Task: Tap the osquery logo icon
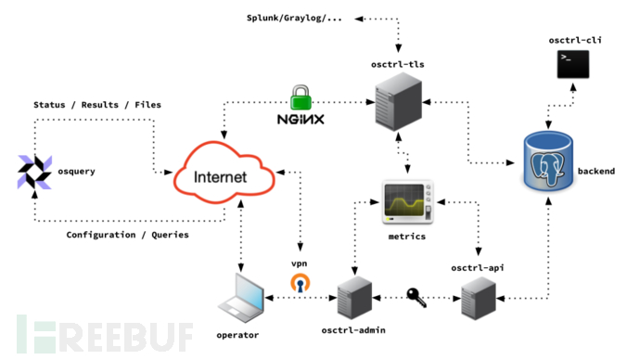pyautogui.click(x=35, y=173)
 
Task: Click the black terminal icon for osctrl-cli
pyautogui.click(x=570, y=63)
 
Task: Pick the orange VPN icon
pyautogui.click(x=299, y=283)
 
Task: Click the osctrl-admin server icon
pyautogui.click(x=353, y=298)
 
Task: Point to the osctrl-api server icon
pyautogui.click(x=480, y=300)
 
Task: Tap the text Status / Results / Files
pyautogui.click(x=96, y=105)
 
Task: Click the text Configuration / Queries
pyautogui.click(x=127, y=235)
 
